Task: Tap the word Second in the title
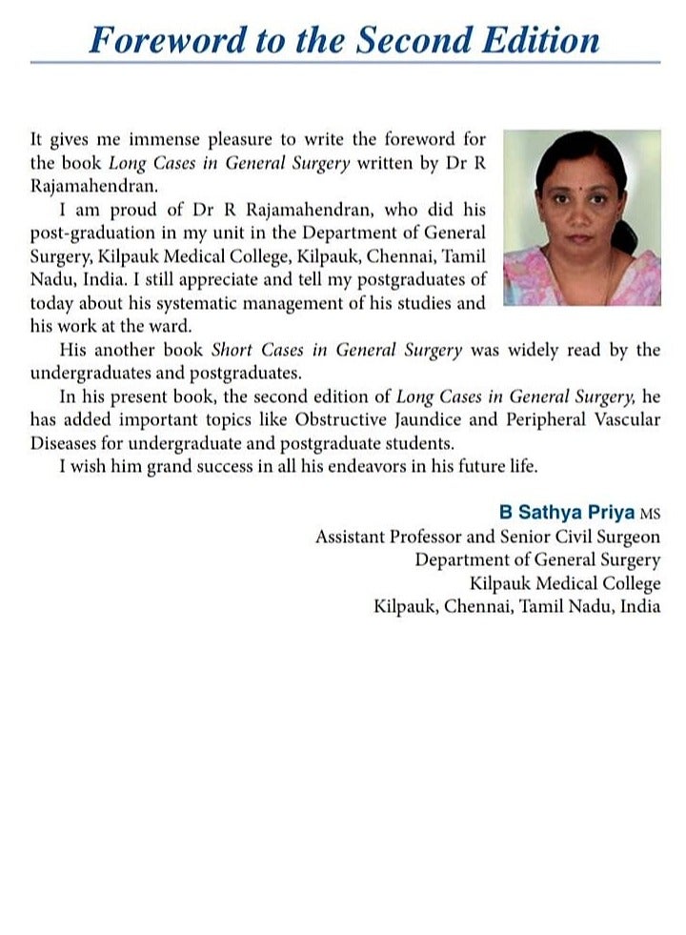[412, 38]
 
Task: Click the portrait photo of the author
[581, 218]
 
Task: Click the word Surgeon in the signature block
[625, 537]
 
